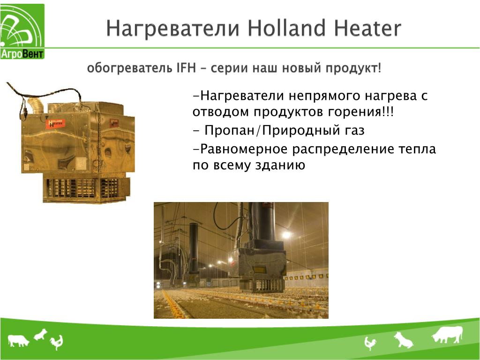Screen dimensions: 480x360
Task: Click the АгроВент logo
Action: [22, 31]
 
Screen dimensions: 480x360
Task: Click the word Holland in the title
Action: [286, 28]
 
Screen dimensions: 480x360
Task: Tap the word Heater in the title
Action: [367, 28]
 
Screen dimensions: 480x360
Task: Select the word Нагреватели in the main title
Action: [172, 28]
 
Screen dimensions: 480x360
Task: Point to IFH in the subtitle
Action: [186, 67]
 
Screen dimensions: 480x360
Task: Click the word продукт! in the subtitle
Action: [353, 68]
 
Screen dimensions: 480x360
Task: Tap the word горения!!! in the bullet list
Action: [360, 112]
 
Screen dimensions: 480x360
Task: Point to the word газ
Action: [353, 131]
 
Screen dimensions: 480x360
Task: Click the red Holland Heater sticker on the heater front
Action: [55, 124]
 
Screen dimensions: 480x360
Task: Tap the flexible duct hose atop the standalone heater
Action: [36, 105]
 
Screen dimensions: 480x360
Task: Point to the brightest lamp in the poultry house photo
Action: [286, 235]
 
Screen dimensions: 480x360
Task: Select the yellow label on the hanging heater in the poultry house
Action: [259, 270]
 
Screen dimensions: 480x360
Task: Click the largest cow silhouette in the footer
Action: [447, 334]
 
